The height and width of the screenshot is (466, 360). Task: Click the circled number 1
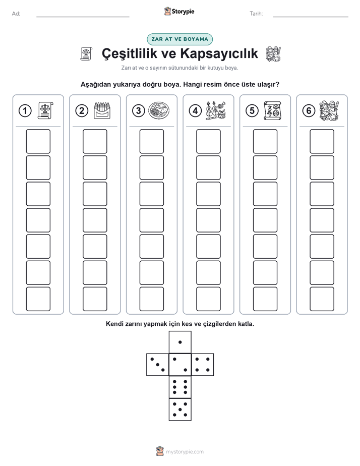(25, 111)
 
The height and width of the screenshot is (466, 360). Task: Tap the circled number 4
(195, 111)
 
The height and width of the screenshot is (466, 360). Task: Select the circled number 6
(309, 111)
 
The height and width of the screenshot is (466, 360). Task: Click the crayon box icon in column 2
(102, 110)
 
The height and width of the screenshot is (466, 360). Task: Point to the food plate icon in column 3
(159, 110)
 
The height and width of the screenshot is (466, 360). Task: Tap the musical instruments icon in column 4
(216, 110)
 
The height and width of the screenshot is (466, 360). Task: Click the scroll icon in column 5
(272, 110)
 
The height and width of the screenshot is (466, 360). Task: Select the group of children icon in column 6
(329, 110)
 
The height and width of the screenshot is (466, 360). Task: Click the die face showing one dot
(180, 342)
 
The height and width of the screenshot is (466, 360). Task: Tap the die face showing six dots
(180, 387)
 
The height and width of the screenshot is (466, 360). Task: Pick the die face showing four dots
(202, 365)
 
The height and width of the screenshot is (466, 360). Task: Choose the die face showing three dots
(158, 365)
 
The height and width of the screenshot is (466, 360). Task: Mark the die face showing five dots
(180, 410)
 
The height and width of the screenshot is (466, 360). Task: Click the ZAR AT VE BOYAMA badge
(179, 39)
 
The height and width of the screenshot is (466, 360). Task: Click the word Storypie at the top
(183, 12)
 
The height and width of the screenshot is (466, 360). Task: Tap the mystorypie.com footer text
(185, 452)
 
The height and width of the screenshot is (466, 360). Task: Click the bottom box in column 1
(38, 299)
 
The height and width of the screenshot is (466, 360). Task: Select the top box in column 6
(322, 141)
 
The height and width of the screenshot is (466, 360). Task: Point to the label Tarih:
(256, 14)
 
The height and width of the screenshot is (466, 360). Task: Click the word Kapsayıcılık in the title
(219, 53)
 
